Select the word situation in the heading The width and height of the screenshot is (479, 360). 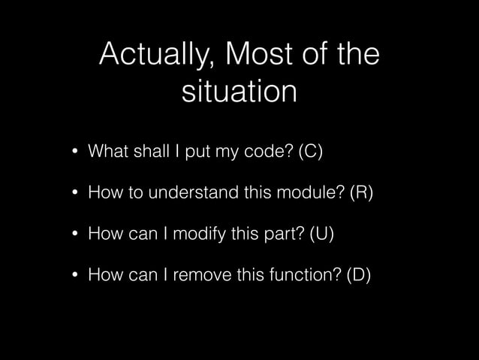click(x=239, y=92)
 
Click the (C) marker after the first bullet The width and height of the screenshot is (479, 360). click(x=311, y=153)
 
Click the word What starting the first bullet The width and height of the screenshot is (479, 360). click(x=107, y=153)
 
